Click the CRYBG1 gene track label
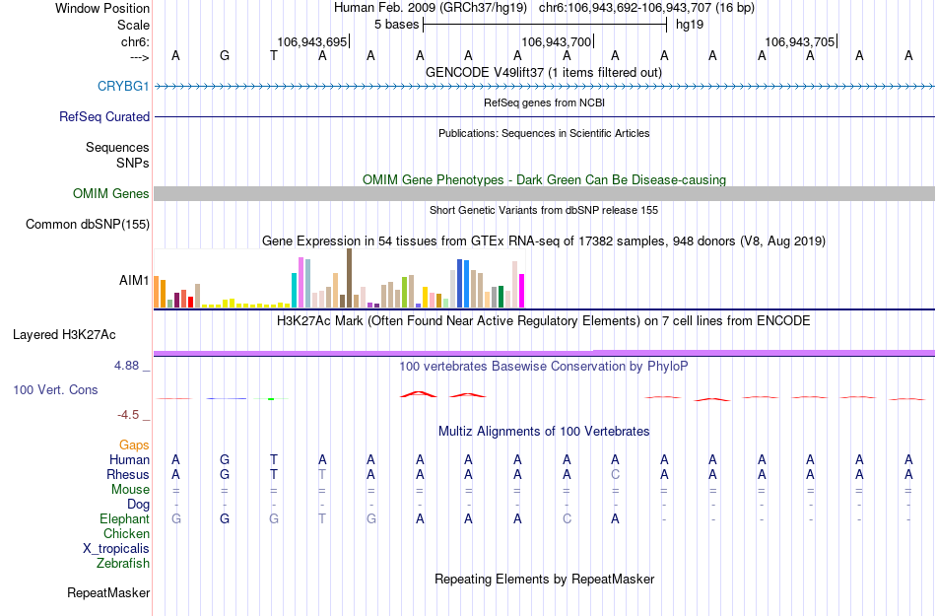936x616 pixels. (123, 87)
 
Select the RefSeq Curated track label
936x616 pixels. (104, 116)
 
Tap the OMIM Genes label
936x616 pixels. (110, 194)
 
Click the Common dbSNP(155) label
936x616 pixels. (87, 225)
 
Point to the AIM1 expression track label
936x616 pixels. (134, 280)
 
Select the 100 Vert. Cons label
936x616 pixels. (55, 390)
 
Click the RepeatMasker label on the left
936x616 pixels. (108, 593)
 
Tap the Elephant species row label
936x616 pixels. (124, 519)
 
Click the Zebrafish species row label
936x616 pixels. (123, 564)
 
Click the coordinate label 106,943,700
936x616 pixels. (556, 42)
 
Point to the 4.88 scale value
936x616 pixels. (131, 365)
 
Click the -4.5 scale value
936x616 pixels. (133, 415)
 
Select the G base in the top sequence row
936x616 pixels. (225, 55)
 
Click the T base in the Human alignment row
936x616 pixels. (274, 459)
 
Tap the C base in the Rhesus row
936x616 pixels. (615, 474)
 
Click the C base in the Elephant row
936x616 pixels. (567, 519)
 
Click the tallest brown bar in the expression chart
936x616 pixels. (349, 278)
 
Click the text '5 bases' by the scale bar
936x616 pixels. (396, 24)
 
